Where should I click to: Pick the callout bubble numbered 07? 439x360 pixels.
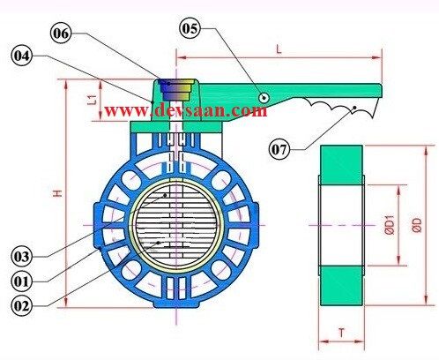pos(281,149)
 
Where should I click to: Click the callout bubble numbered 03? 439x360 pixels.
pos(24,256)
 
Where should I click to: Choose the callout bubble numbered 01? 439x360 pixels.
pos(24,281)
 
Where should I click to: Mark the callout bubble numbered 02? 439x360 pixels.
pos(24,306)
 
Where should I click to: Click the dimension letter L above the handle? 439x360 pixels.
pos(279,50)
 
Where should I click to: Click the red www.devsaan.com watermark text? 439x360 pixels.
pos(185,111)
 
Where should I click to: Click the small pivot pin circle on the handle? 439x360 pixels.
pos(263,97)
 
